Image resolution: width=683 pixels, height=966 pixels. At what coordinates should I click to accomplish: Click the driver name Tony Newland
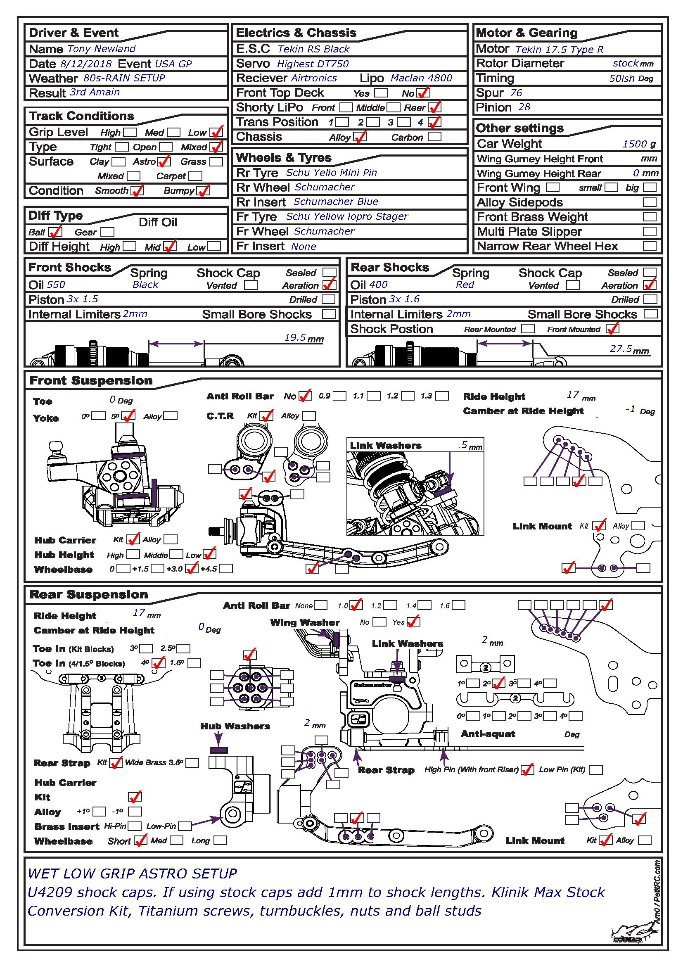coord(101,49)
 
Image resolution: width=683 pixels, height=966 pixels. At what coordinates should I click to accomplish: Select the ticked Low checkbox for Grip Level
coord(216,132)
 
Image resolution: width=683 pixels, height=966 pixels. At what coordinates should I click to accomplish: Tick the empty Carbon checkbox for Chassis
coord(434,137)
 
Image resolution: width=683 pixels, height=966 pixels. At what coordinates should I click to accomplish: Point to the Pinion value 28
coord(524,107)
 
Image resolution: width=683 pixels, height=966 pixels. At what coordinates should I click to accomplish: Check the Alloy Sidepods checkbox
coord(650,202)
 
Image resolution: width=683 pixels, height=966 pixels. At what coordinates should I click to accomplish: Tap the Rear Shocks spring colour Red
coord(465,285)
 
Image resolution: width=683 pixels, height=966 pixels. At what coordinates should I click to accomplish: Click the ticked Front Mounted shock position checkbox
coord(612,329)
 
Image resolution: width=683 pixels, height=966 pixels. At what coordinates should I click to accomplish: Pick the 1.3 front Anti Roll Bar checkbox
coord(441,396)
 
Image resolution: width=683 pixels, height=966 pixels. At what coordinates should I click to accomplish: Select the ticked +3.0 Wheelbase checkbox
coord(191,569)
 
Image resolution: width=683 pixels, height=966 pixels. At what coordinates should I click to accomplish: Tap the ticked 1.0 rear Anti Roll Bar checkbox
coord(356,605)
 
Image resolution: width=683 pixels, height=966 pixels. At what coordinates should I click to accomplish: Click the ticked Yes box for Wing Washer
coord(413,622)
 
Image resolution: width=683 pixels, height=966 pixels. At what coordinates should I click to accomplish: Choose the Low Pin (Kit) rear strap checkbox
coord(595,769)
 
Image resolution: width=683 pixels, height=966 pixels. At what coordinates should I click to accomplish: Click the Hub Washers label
coord(235,726)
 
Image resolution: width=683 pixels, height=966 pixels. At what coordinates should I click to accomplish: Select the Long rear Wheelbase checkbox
coord(220,840)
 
